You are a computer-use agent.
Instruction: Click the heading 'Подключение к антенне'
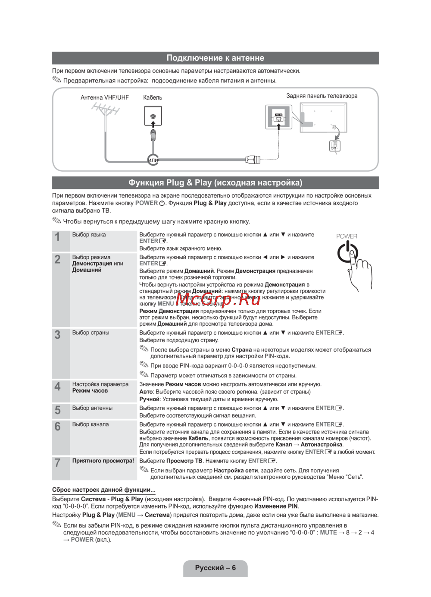215,58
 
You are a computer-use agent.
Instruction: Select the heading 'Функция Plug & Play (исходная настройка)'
215,183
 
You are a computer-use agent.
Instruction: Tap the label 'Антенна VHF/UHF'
104,97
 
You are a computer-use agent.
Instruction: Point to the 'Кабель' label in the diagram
153,97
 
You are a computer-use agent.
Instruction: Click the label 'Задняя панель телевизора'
322,96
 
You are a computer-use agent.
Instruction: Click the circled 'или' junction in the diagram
153,160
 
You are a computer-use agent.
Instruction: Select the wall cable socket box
153,116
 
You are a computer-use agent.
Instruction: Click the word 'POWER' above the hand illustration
347,236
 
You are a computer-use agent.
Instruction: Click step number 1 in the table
57,237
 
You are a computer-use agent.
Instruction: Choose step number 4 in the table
57,386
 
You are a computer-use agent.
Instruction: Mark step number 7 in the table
57,463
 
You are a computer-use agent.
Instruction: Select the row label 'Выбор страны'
91,333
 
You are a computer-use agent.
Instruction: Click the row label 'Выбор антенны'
92,408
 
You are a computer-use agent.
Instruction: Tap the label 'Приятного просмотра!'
103,461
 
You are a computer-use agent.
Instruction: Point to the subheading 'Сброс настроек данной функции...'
103,490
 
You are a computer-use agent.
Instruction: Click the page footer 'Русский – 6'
215,568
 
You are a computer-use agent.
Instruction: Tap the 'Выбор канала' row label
91,424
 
